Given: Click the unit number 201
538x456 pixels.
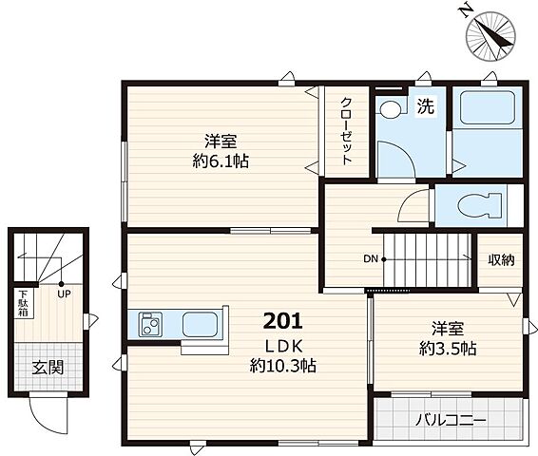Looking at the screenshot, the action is [282, 321].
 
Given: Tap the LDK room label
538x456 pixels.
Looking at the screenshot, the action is [284, 347].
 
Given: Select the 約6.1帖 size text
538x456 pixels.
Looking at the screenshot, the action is [221, 161].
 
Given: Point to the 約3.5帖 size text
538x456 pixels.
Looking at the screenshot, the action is [448, 349].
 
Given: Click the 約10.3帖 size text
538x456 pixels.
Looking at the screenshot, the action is [282, 366].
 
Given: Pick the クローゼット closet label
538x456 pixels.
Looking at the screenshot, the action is [346, 132].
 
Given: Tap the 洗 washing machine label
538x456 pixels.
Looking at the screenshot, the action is [426, 106].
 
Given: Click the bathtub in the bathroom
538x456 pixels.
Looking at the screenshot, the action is [488, 107].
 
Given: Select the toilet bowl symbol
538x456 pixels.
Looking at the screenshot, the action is [479, 206].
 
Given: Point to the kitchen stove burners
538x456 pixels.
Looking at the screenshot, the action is [150, 324].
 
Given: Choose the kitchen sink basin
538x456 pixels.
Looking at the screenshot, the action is [200, 324].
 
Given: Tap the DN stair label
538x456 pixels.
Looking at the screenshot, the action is [371, 258].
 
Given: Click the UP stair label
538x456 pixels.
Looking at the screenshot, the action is [65, 294].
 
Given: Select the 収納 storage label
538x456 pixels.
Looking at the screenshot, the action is [501, 260].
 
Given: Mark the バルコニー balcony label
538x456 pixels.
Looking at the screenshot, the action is [451, 420].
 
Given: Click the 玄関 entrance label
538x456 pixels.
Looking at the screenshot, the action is [48, 368].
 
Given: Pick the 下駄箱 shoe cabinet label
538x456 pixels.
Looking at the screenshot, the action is [24, 303].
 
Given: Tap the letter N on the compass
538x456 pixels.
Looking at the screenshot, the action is [465, 12].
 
